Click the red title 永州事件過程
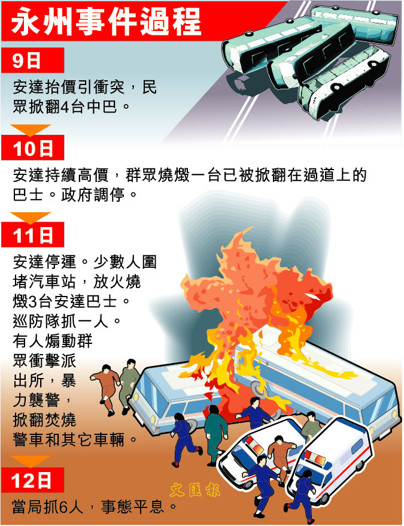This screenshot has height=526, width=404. pyautogui.click(x=106, y=21)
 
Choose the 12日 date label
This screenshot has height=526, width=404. pyautogui.click(x=32, y=480)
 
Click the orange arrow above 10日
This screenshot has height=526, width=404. pyautogui.click(x=31, y=130)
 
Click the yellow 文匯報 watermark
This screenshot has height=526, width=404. pyautogui.click(x=195, y=491)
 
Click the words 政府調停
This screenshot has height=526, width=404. pyautogui.click(x=93, y=195)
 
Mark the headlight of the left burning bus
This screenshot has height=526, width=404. pyautogui.click(x=153, y=419)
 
